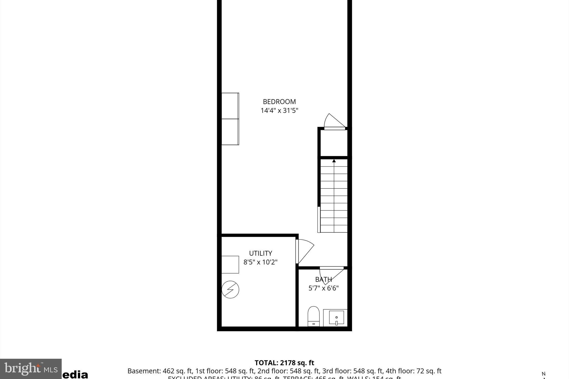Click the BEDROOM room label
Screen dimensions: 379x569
[x=279, y=102]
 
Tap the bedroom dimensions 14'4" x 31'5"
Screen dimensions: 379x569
[x=279, y=111]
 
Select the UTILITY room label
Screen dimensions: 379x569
[x=260, y=253]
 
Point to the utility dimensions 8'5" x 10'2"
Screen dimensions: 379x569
[x=260, y=262]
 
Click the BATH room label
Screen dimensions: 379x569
[x=323, y=279]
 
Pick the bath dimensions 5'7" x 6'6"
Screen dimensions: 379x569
[x=323, y=288]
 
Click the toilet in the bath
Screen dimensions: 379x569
[x=313, y=317]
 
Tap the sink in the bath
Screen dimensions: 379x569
[x=336, y=318]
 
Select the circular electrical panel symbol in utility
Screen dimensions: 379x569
[x=230, y=290]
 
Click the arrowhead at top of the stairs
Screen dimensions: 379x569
[x=334, y=161]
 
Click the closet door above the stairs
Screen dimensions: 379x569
[x=334, y=121]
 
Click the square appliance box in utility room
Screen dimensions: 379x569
[x=230, y=265]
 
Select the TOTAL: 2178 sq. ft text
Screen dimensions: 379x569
[x=284, y=363]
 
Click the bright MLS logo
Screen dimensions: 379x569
[x=31, y=369]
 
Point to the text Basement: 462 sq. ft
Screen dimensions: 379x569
[x=160, y=371]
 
